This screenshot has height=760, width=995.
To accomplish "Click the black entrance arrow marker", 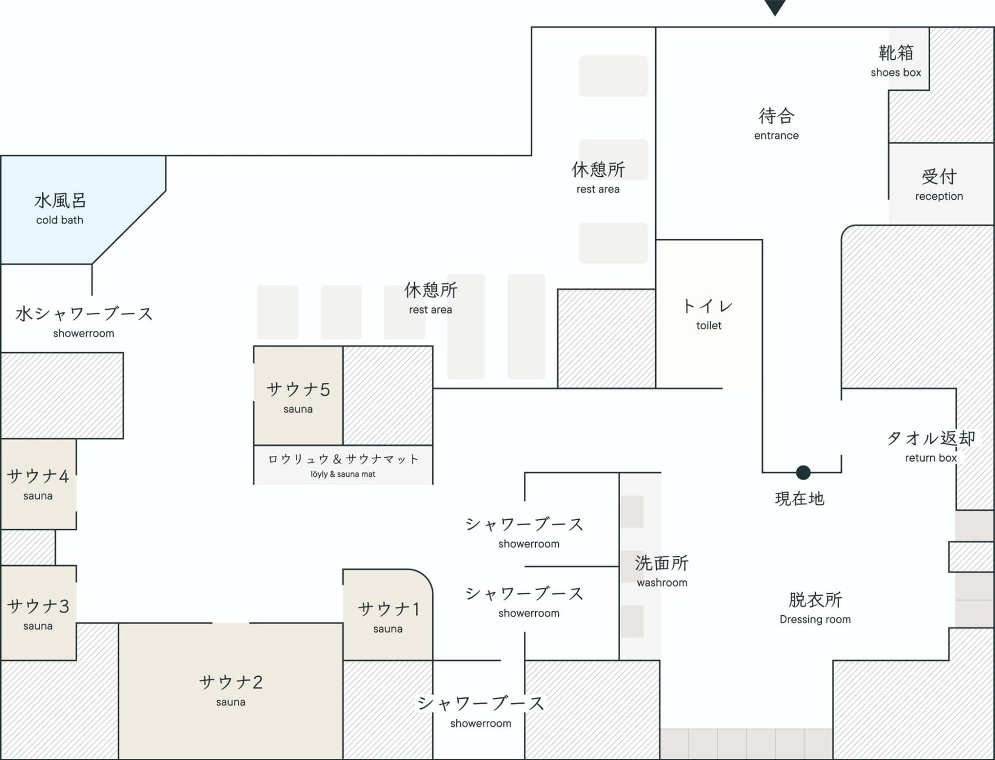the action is (x=775, y=7).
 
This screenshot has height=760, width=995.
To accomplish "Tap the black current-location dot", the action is (x=803, y=472).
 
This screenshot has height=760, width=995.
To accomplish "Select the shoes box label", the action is (x=895, y=61).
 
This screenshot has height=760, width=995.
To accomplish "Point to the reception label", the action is (x=939, y=185).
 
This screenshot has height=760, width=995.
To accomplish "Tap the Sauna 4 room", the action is (x=38, y=484).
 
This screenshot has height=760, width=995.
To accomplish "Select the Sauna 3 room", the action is (x=38, y=614).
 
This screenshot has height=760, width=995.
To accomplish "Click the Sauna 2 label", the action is (x=231, y=690).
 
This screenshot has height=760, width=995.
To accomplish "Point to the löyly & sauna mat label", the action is (x=343, y=465).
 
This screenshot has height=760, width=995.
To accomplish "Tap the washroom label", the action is (x=662, y=571).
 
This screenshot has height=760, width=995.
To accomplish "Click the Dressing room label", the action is (x=815, y=608).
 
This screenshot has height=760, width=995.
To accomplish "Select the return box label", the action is (x=931, y=446).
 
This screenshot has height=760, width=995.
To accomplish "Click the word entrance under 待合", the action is (x=776, y=136).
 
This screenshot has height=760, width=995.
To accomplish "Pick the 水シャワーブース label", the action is (x=84, y=314).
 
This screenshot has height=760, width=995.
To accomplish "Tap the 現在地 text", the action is (x=800, y=499).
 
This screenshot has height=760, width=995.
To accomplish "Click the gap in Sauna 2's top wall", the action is (x=231, y=623).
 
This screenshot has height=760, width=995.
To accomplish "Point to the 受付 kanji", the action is (x=939, y=177).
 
